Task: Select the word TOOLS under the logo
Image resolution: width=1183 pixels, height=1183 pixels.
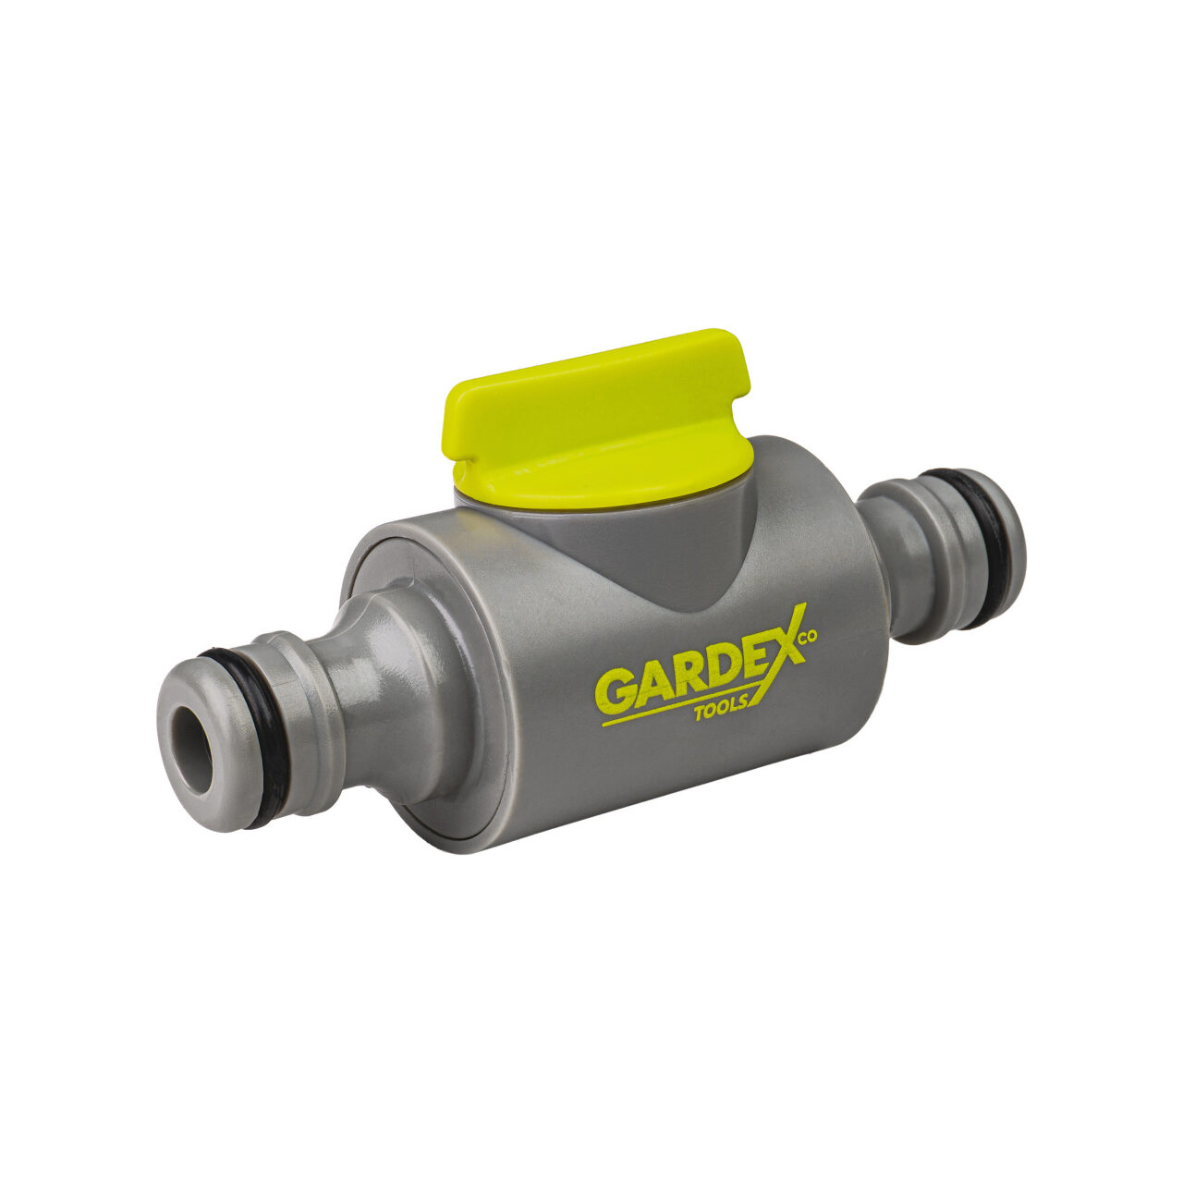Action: [721, 710]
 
